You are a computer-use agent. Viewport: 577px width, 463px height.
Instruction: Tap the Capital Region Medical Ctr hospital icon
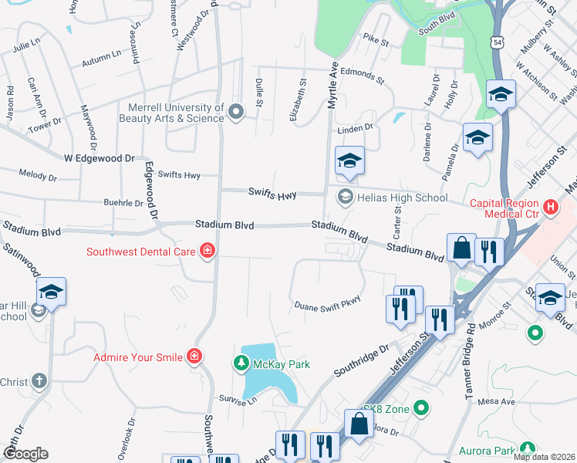[x=550, y=207]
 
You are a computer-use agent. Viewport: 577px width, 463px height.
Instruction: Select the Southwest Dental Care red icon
[x=207, y=251]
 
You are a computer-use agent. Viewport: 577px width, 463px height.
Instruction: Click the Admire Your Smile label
[x=138, y=357]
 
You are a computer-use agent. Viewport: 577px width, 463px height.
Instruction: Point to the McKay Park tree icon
[x=241, y=363]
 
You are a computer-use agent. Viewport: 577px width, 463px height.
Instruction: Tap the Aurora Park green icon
[x=528, y=448]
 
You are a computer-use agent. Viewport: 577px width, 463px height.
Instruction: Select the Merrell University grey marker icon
[x=236, y=113]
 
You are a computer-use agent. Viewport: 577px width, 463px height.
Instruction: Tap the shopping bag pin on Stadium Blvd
[x=461, y=248]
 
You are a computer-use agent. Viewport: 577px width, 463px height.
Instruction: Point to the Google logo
[x=25, y=454]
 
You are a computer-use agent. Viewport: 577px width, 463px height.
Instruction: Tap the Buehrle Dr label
[x=123, y=204]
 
